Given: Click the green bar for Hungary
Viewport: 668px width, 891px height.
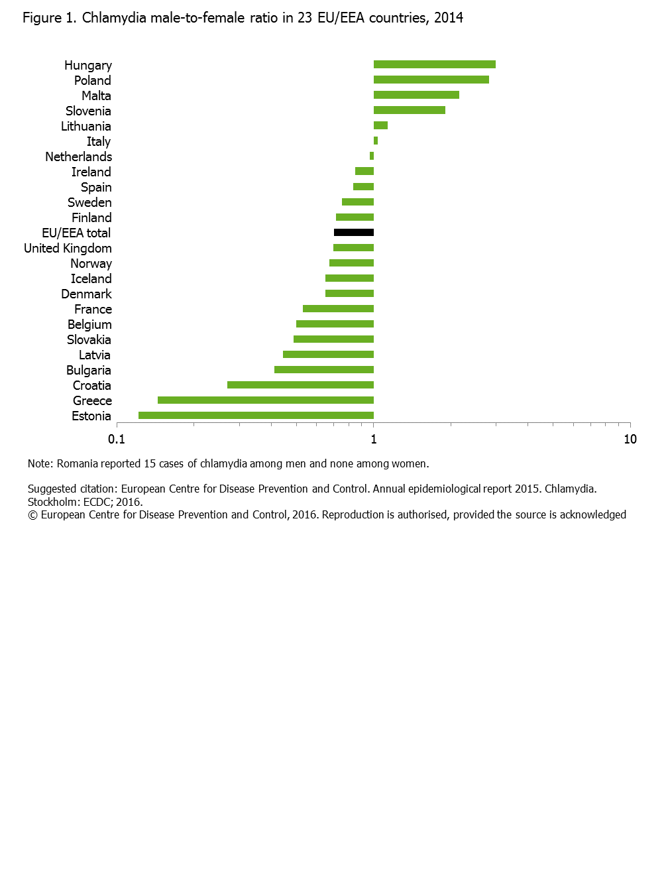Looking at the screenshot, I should (434, 64).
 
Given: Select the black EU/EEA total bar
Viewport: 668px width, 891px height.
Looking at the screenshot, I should (354, 233).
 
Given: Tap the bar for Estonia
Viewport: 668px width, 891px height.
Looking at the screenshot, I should (256, 416).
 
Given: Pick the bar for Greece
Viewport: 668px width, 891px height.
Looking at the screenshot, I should (265, 400).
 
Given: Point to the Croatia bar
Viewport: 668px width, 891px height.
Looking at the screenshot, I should (300, 385).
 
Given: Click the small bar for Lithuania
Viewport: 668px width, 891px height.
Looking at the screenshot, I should (380, 125).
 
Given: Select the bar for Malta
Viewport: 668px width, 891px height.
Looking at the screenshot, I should (416, 95).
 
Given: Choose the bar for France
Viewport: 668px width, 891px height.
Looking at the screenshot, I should (338, 309).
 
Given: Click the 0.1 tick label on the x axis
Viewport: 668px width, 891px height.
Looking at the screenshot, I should (117, 439).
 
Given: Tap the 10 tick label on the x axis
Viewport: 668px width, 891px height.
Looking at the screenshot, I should (630, 439).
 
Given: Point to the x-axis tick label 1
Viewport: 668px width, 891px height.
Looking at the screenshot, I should (374, 439).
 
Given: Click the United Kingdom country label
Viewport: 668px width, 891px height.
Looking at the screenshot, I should (68, 249).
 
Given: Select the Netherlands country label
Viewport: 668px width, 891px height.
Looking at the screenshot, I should (78, 157).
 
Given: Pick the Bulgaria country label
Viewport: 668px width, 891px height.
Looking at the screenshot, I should (88, 371).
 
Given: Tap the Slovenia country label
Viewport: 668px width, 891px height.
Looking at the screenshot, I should (88, 111).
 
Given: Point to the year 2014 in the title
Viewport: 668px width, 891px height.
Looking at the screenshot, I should (449, 18).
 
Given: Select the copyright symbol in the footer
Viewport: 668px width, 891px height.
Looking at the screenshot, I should (32, 515).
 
